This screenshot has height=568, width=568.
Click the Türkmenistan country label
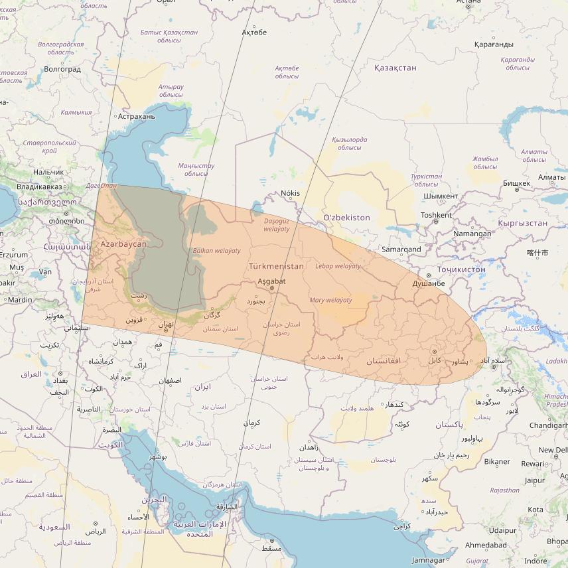[276, 266]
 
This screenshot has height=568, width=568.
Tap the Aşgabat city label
[271, 281]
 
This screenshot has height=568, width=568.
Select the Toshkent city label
[436, 215]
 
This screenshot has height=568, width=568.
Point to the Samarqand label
[401, 249]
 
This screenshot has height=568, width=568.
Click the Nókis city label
[291, 193]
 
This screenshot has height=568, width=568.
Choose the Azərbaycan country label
[123, 244]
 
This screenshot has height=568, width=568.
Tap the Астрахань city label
[135, 116]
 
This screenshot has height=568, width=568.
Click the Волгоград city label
[62, 68]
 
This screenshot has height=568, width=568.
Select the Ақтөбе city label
[254, 33]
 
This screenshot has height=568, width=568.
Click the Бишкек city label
[516, 183]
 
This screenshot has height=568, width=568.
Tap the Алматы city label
[552, 177]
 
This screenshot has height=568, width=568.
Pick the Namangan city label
[472, 234]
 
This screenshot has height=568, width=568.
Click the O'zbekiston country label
[346, 218]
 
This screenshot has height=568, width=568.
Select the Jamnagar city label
[429, 560]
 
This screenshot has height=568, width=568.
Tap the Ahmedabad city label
[486, 545]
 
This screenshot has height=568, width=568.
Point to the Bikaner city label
[497, 462]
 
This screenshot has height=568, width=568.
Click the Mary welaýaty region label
[330, 301]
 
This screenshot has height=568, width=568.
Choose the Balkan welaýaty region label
[216, 251]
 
